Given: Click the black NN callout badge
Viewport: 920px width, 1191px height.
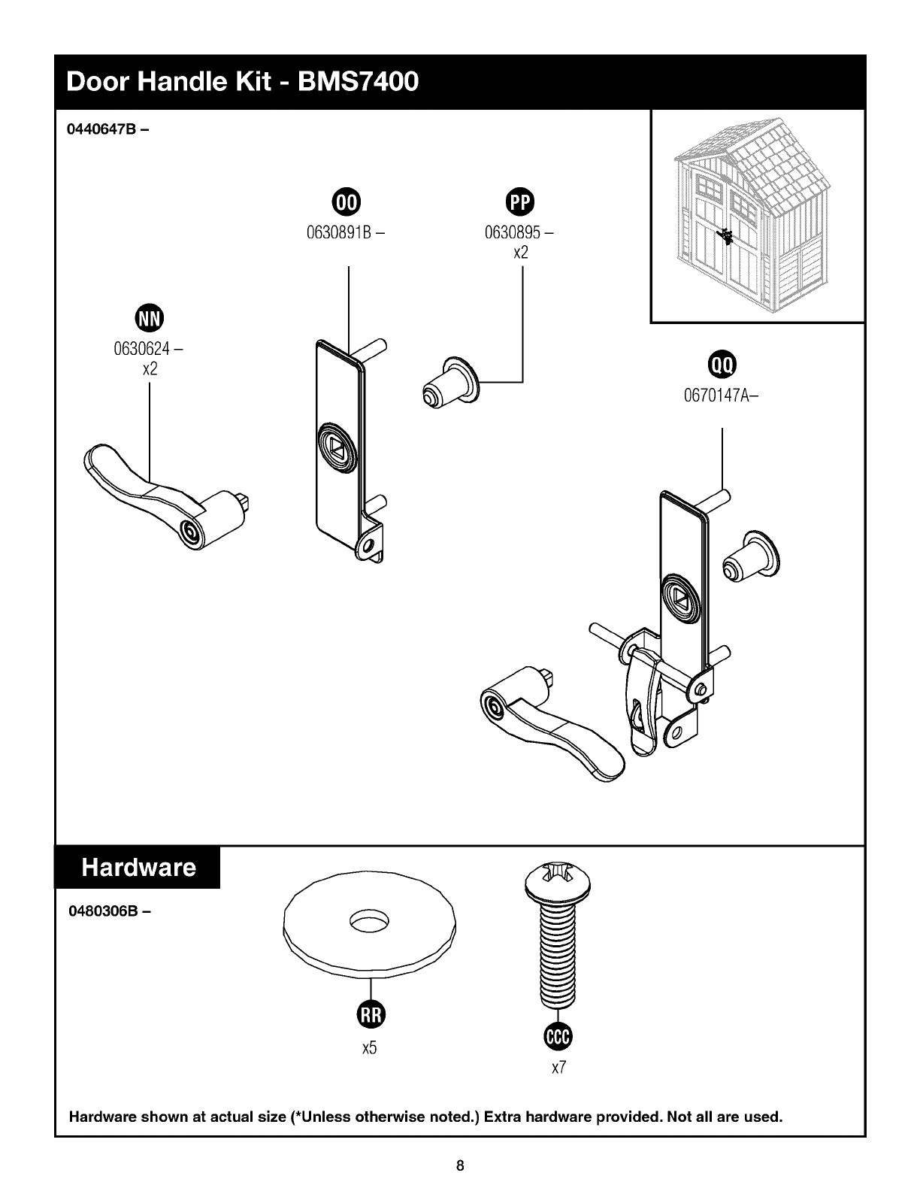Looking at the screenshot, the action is point(150,318).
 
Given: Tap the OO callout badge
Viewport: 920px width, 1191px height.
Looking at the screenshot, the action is point(347,202).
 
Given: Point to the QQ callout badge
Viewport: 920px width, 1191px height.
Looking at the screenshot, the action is point(722,365).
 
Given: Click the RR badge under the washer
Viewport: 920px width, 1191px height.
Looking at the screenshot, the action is point(371,1014).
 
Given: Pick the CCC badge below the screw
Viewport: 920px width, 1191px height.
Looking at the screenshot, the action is point(558,1036).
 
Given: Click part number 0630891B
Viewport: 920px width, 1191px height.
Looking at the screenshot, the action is point(339,232).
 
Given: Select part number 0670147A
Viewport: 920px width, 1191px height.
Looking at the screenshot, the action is point(717,395).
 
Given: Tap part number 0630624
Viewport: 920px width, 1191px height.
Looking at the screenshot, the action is point(142,348).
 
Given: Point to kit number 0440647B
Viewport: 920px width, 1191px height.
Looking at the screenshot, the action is point(101,129).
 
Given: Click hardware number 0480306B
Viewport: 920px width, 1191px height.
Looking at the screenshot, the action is point(102,911).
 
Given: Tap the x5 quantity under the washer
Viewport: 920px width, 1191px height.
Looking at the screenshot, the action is point(370,1048).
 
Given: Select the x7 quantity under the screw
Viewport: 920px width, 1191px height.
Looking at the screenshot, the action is point(558,1068).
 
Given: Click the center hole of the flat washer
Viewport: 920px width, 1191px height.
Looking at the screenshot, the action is point(369,921).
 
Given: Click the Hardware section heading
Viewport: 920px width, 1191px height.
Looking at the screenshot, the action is point(138,867).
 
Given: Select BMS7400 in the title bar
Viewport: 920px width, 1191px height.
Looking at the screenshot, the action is point(359,82).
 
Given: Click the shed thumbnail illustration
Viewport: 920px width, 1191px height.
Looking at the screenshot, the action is point(751,215).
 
